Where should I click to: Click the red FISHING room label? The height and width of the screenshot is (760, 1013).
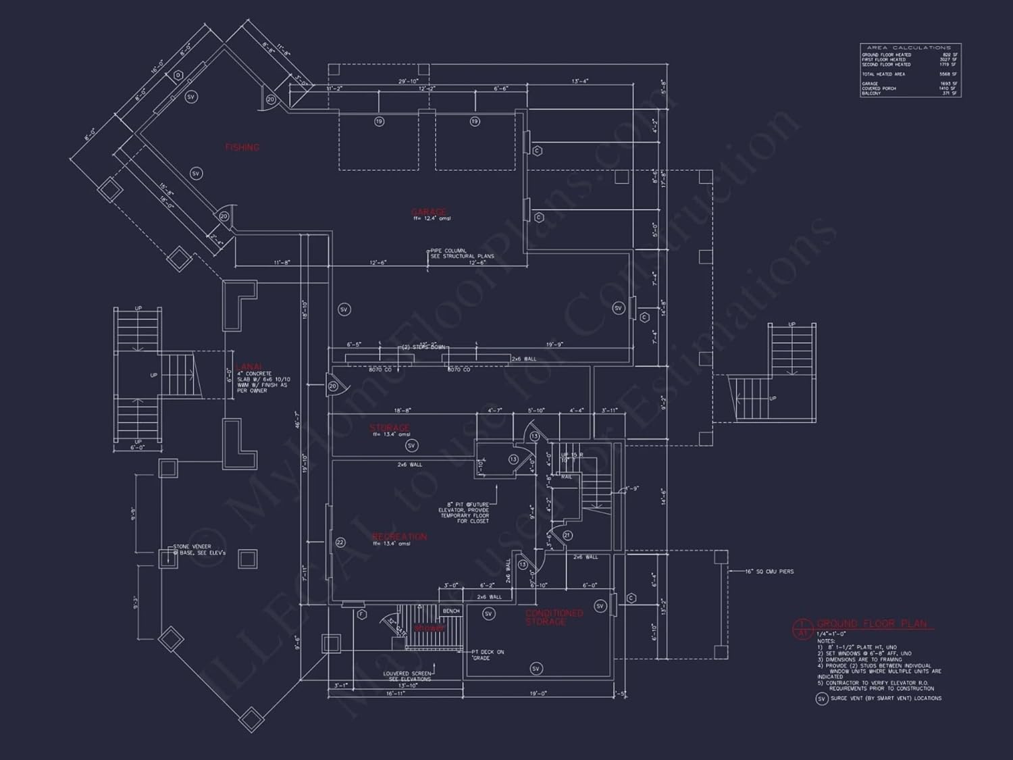(242, 147)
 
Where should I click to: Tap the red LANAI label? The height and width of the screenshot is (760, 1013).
(249, 367)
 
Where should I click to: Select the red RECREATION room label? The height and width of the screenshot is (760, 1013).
(399, 536)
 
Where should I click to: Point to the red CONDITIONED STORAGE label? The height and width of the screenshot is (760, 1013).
(554, 617)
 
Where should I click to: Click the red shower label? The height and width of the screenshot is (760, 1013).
(430, 628)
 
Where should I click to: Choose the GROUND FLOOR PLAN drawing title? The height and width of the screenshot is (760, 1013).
(872, 624)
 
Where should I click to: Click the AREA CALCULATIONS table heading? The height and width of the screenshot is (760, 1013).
(908, 48)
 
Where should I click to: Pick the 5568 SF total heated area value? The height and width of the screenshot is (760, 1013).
(948, 74)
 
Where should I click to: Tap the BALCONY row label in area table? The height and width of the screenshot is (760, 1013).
(871, 93)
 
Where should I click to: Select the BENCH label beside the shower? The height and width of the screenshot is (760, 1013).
(451, 611)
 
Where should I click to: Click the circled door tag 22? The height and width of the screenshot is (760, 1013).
(340, 542)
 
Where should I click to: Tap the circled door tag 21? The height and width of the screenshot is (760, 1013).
(567, 535)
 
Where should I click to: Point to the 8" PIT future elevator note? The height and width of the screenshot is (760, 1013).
(465, 513)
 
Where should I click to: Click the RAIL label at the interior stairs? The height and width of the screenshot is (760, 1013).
(566, 477)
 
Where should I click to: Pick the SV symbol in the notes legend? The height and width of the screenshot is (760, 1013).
(821, 699)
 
